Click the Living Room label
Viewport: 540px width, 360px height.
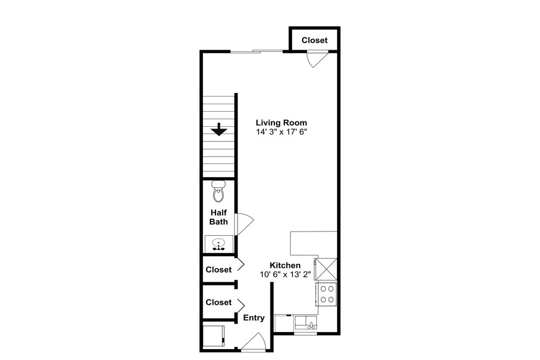(x=281, y=123)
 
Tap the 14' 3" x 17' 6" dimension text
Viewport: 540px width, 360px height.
(x=281, y=132)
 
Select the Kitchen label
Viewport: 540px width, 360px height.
(x=285, y=266)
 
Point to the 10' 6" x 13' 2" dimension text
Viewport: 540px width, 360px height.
(x=286, y=275)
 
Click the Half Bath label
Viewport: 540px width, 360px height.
(x=218, y=217)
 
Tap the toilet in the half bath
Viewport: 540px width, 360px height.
(x=218, y=192)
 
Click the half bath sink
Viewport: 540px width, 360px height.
(x=218, y=243)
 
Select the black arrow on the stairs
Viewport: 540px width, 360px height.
(x=219, y=129)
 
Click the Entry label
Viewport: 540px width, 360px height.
(x=254, y=318)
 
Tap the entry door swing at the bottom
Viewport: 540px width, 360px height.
(x=253, y=342)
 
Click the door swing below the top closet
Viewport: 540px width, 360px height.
(x=317, y=59)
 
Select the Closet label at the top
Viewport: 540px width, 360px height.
(x=314, y=40)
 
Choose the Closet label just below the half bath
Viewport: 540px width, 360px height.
(x=218, y=269)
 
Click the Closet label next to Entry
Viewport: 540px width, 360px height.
(x=218, y=302)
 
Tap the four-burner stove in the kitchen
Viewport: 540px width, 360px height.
(x=326, y=294)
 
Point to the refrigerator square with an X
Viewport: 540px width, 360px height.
(x=326, y=269)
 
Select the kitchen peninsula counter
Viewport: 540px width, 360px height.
(x=313, y=243)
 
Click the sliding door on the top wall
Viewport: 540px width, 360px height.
(x=257, y=51)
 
